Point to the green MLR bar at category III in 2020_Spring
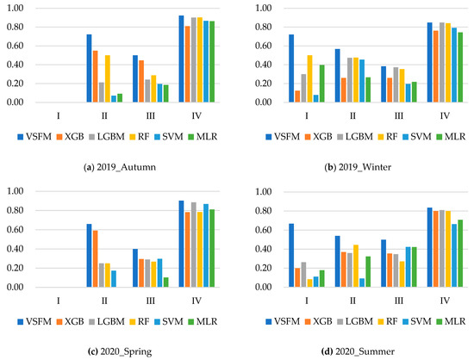[165, 283]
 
